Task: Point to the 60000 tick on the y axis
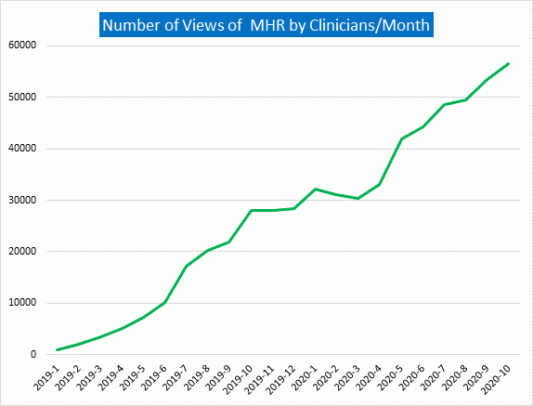20,46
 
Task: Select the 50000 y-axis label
20,97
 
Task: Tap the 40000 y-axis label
20,149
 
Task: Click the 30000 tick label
20,200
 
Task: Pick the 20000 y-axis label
20,252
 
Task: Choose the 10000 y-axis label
20,303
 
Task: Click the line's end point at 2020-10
509,63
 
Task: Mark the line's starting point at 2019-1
58,350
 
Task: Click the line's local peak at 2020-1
317,189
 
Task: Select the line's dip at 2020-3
359,198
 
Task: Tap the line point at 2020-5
402,138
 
